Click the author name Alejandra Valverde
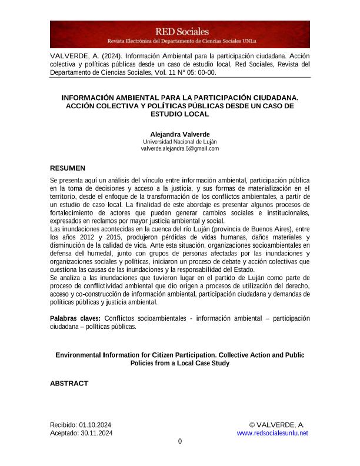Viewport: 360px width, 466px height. click(179, 134)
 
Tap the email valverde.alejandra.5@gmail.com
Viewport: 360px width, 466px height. click(179, 148)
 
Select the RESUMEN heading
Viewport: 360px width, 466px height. click(68, 168)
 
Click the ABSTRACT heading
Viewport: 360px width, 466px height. click(69, 383)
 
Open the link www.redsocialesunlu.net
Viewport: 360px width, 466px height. click(272, 433)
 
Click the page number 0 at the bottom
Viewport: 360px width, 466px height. click(180, 442)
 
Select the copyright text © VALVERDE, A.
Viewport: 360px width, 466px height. click(276, 425)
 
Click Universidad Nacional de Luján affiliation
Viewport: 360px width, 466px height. click(179, 141)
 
